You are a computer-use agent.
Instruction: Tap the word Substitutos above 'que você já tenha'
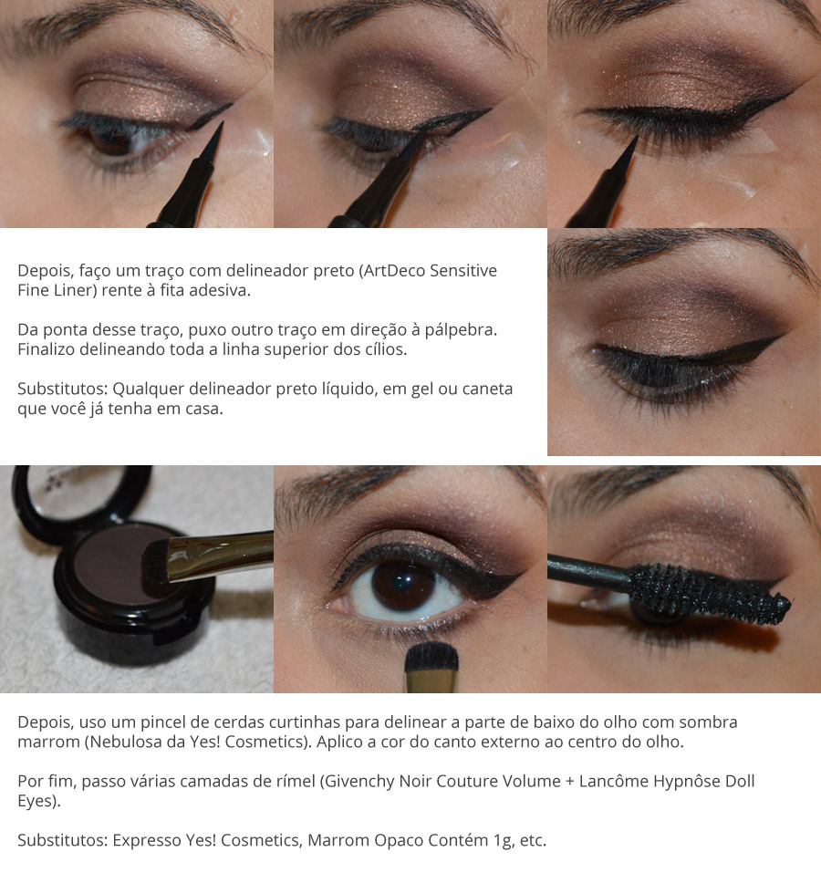pyautogui.click(x=63, y=390)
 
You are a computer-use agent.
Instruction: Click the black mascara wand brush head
pyautogui.click(x=709, y=594)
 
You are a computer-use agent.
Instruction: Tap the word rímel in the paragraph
pyautogui.click(x=295, y=782)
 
